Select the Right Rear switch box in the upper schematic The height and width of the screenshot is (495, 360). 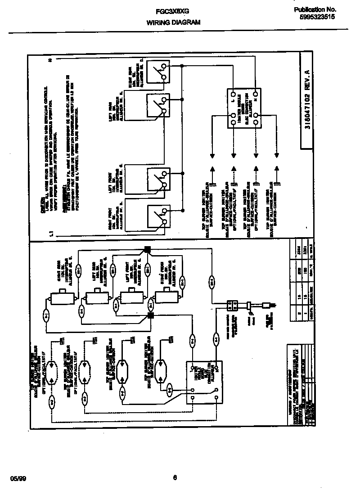point(159,69)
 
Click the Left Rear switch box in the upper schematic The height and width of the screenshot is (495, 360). point(159,107)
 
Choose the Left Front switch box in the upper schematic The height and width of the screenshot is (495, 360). point(159,179)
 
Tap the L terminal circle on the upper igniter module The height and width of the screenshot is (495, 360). point(233,94)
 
